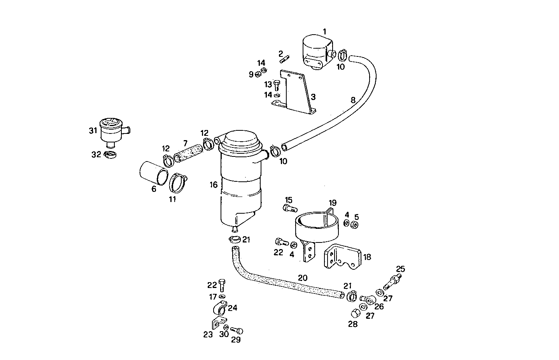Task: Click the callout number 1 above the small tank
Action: (x=324, y=32)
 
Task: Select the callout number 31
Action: (x=93, y=131)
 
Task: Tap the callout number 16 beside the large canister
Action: (x=214, y=184)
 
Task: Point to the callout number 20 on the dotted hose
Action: (x=303, y=277)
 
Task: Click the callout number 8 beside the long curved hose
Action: (x=353, y=100)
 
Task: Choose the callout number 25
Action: (x=400, y=269)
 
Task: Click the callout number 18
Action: (x=366, y=257)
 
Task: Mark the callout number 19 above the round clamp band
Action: (x=332, y=203)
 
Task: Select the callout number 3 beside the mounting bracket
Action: (x=313, y=97)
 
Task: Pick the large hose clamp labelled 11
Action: (x=178, y=183)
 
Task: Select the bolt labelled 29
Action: (x=237, y=331)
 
